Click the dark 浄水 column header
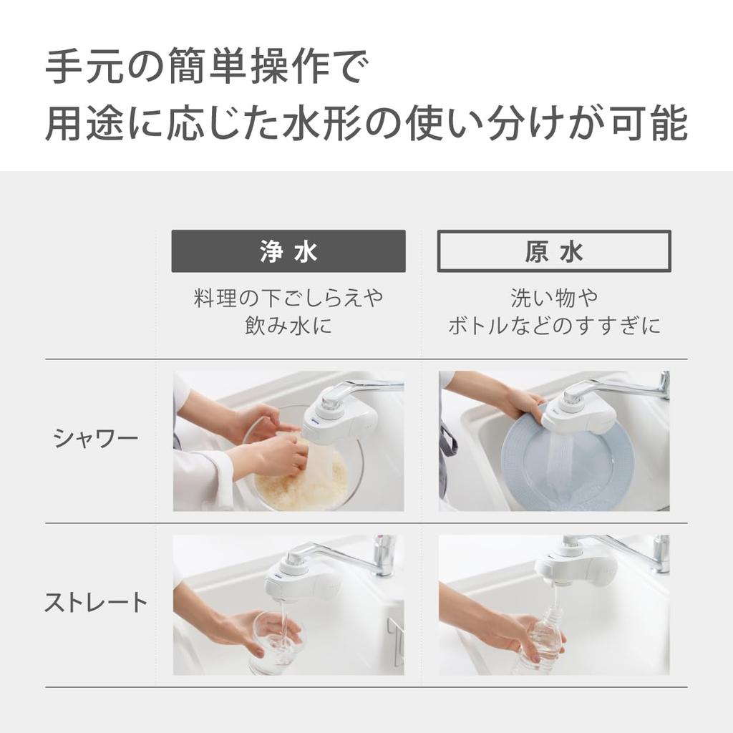288,251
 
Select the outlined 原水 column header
554,251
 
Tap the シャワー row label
96,439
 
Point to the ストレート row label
96,603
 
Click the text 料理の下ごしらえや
288,298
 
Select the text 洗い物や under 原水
554,298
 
